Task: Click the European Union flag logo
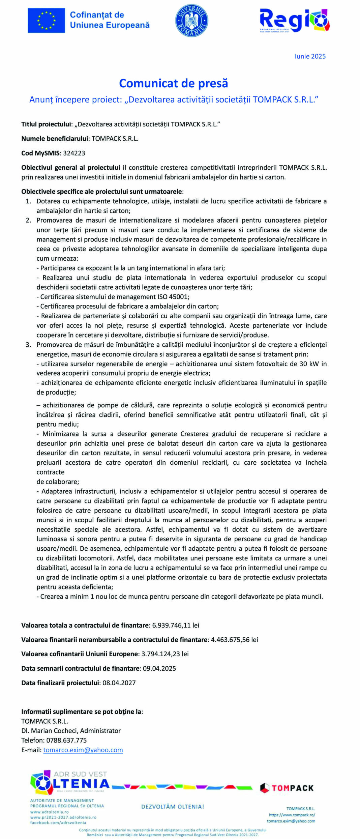click(x=46, y=20)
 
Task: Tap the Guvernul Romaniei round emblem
click(x=191, y=21)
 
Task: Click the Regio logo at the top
click(x=294, y=20)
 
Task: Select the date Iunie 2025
click(x=310, y=56)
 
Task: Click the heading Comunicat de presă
click(x=174, y=83)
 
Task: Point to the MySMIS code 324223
click(x=74, y=153)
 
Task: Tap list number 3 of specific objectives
click(x=29, y=345)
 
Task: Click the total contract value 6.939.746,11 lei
click(x=176, y=625)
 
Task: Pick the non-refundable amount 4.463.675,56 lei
click(x=234, y=640)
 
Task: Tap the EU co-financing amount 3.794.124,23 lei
click(x=165, y=654)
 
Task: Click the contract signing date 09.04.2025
click(x=159, y=668)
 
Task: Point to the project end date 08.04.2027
click(x=119, y=683)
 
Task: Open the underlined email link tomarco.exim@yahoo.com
click(x=83, y=750)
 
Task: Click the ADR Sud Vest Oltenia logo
click(x=69, y=783)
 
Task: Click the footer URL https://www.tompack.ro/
click(x=292, y=815)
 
